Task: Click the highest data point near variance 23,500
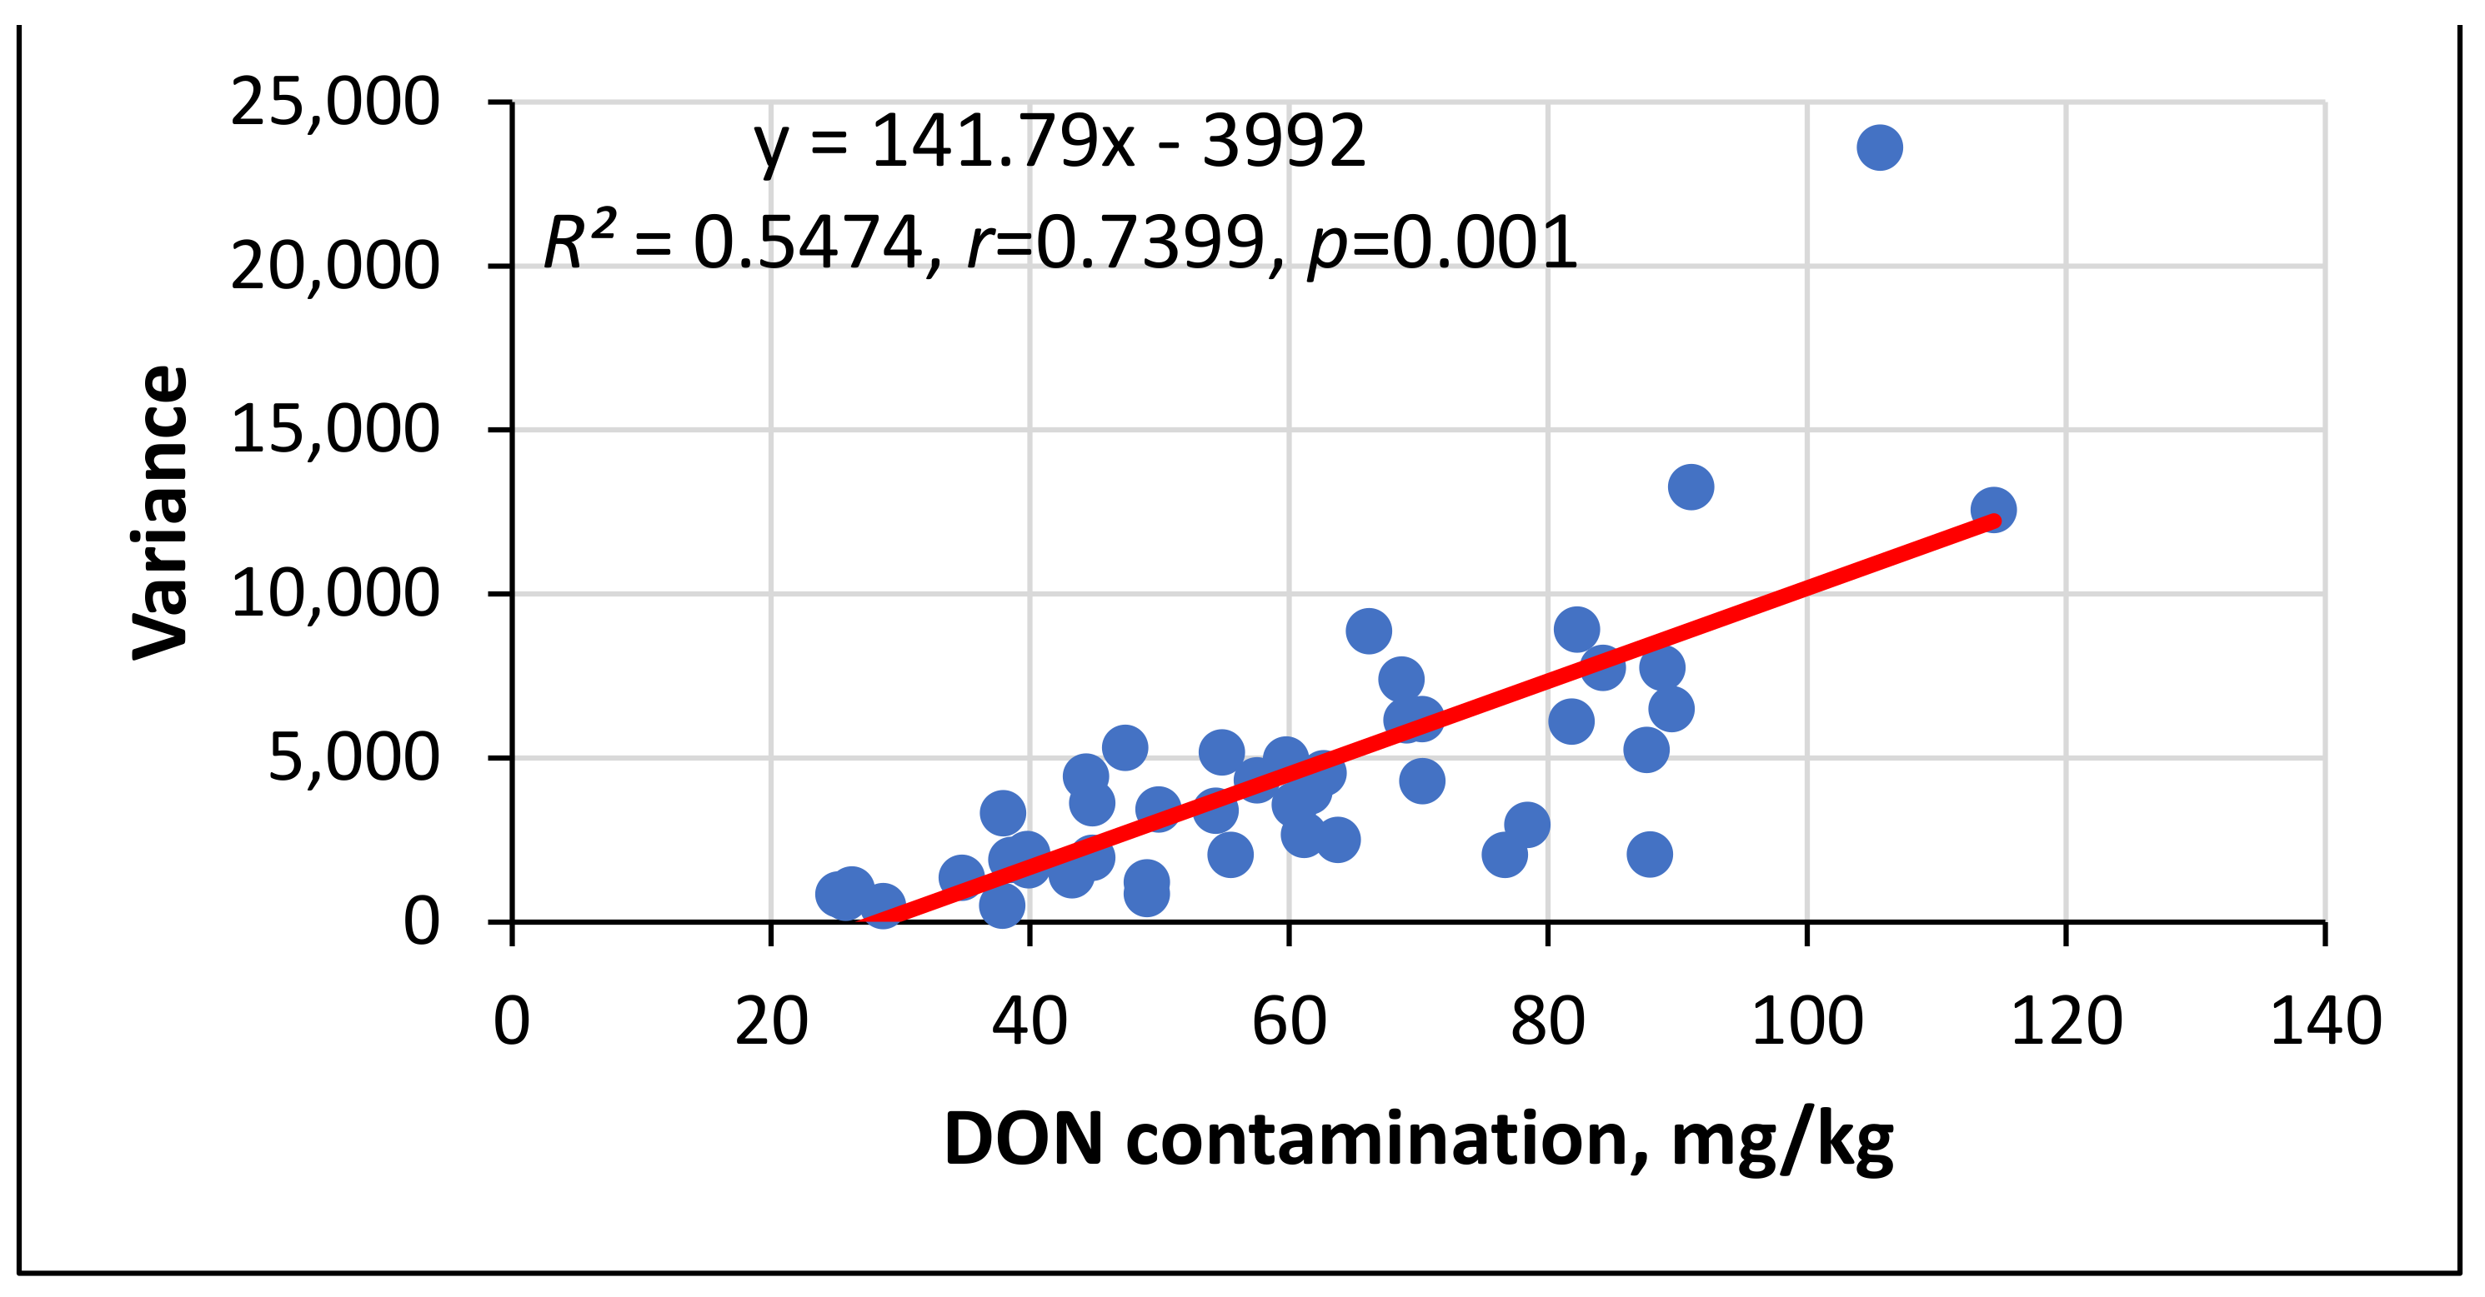click(1879, 147)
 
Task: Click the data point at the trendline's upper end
click(1993, 509)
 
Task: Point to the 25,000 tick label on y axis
click(335, 102)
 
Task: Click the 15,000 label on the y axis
click(335, 430)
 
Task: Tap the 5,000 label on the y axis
click(353, 758)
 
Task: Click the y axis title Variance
click(160, 512)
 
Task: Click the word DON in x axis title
click(1024, 1140)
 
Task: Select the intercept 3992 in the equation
click(1283, 142)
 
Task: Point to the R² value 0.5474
click(809, 243)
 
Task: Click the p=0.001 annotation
click(1443, 243)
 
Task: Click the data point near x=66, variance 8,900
click(1368, 631)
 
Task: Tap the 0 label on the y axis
click(421, 922)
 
